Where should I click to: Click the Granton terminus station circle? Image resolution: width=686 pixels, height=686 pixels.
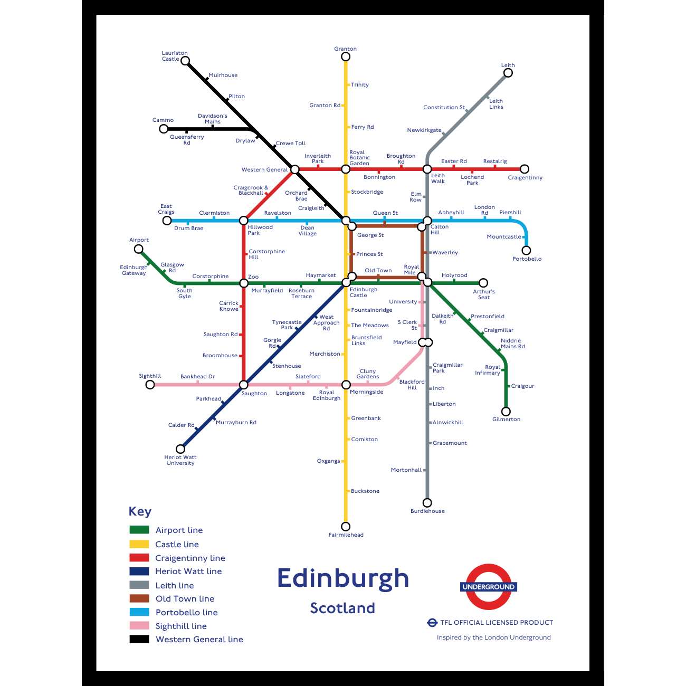click(346, 56)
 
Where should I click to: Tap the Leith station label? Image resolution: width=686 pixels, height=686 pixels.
click(508, 65)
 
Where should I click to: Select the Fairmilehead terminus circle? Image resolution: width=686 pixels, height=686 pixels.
click(346, 526)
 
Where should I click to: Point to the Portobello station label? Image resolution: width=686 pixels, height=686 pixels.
click(527, 259)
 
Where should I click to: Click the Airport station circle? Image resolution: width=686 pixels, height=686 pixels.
click(139, 249)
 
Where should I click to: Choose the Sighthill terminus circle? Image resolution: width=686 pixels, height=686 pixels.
click(150, 385)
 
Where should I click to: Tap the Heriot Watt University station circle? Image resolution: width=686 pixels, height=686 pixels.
click(180, 449)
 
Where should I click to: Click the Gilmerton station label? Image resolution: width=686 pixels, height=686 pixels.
click(506, 420)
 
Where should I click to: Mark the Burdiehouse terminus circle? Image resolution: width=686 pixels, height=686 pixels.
click(427, 503)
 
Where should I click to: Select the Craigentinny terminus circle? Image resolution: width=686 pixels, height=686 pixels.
click(525, 169)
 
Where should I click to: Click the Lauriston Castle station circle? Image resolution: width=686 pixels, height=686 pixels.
click(185, 61)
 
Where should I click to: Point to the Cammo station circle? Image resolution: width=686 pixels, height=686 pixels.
click(164, 129)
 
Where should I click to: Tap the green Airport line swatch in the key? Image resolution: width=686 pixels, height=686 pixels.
click(139, 530)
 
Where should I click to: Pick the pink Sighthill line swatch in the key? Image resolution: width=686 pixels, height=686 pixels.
click(139, 626)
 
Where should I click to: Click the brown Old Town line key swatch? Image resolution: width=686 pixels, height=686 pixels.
click(139, 598)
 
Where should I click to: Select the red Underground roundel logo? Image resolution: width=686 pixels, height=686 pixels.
click(488, 587)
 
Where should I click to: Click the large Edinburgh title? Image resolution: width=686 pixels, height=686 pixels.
click(343, 578)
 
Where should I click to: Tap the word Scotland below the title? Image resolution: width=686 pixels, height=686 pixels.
click(342, 608)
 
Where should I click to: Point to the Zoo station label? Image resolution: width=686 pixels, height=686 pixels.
click(253, 277)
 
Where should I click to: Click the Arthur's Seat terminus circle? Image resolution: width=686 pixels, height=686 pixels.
click(483, 283)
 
